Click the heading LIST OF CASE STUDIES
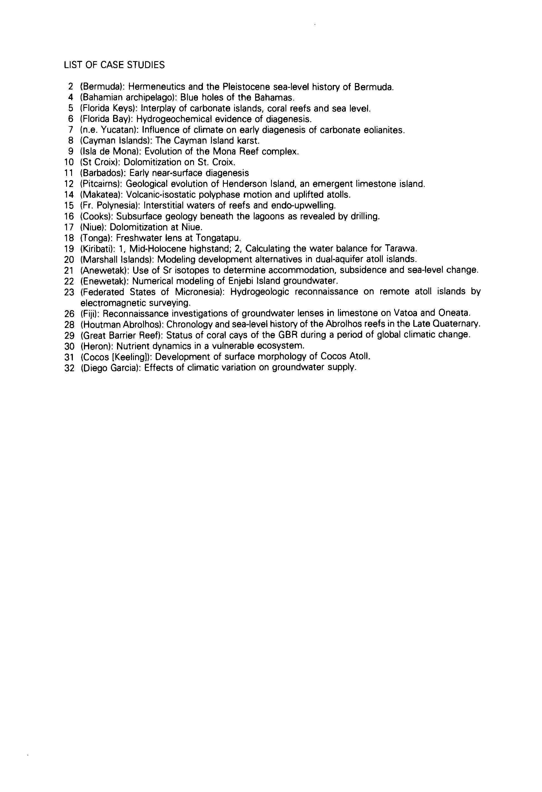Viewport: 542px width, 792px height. [x=114, y=65]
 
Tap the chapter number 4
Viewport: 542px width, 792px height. [x=71, y=98]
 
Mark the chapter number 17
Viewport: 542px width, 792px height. [x=69, y=227]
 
